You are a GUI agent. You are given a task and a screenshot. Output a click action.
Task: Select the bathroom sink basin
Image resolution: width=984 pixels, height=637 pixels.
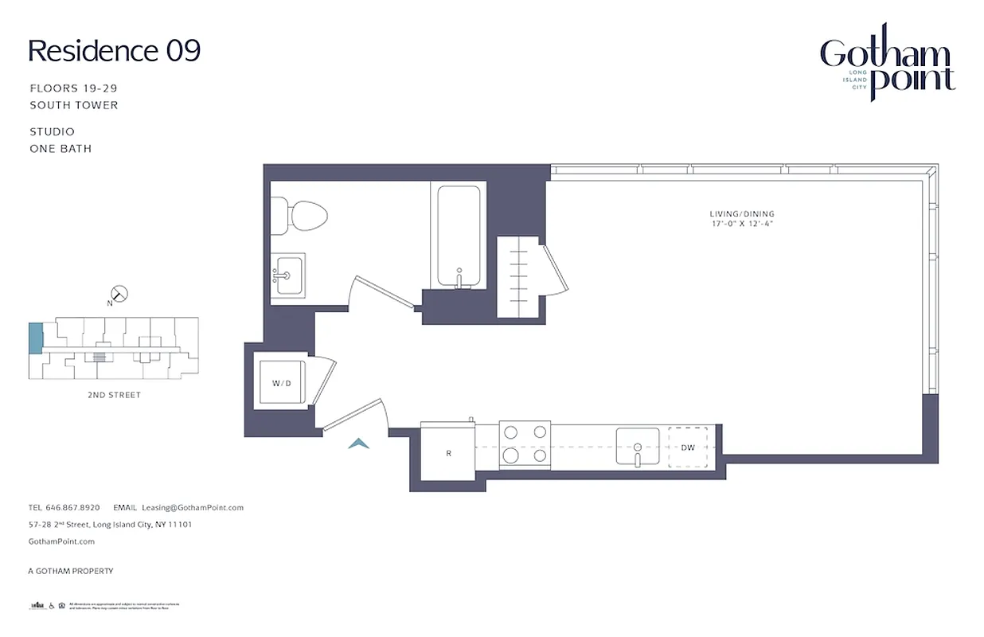pos(288,275)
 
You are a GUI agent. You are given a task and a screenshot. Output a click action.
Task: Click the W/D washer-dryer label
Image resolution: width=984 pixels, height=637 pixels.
pos(282,383)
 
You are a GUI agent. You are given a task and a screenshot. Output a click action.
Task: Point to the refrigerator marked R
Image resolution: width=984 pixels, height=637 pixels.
pos(448,452)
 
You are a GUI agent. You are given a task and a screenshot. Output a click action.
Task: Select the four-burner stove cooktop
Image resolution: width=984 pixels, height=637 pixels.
pos(525,444)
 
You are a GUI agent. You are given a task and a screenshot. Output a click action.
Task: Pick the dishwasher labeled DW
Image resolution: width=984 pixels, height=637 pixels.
pos(688,447)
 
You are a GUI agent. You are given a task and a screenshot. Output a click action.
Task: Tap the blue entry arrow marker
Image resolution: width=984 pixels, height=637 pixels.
pos(358,444)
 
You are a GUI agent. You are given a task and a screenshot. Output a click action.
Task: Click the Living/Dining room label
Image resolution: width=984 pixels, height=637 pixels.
pos(742,213)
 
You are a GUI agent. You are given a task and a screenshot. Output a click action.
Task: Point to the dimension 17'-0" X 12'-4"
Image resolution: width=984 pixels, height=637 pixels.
pos(742,224)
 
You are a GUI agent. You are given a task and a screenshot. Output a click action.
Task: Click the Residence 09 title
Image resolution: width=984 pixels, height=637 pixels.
pos(114,51)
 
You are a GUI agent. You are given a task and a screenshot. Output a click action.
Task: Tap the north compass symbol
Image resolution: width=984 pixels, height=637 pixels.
pos(119,294)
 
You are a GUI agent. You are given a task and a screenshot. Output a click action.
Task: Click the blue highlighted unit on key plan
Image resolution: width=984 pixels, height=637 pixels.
pos(35,338)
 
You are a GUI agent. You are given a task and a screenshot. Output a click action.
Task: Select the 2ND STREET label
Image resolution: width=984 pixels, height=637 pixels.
pos(114,395)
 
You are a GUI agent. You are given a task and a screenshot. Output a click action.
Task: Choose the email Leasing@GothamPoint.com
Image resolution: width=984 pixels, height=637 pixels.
pos(192,507)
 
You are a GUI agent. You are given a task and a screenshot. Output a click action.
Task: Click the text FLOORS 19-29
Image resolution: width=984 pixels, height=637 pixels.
pos(73,88)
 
